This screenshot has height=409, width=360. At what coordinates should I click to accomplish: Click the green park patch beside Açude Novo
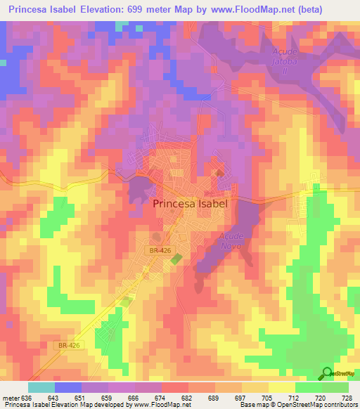click(175, 259)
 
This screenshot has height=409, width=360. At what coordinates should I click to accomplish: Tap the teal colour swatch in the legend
click(41, 387)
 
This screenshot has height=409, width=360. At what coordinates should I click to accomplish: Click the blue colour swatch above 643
click(68, 387)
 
